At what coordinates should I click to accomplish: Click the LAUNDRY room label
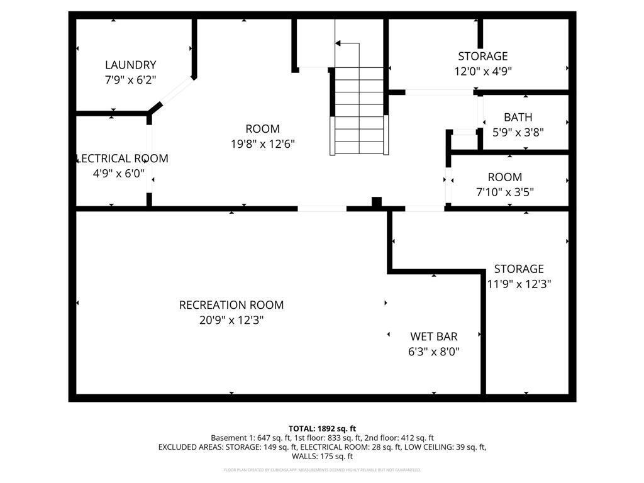pos(130,65)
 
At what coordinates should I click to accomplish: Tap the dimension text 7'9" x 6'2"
pos(130,80)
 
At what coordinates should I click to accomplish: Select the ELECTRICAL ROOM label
pos(122,158)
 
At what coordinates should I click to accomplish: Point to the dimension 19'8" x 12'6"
pos(262,144)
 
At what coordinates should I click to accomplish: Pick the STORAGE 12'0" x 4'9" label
pos(482,57)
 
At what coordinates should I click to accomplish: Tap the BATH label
pos(518,118)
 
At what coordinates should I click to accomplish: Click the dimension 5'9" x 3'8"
pos(518,133)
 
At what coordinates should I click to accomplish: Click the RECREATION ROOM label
pos(231,305)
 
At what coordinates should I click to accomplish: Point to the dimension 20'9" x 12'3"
pos(231,320)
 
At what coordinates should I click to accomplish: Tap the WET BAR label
pos(433,336)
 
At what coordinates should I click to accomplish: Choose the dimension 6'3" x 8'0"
pos(433,352)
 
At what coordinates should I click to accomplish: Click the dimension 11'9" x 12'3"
pos(519,284)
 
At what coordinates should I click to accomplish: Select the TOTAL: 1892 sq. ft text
pos(322,428)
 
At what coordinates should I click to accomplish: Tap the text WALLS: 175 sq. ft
pos(322,457)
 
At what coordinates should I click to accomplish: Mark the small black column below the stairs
pos(376,203)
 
